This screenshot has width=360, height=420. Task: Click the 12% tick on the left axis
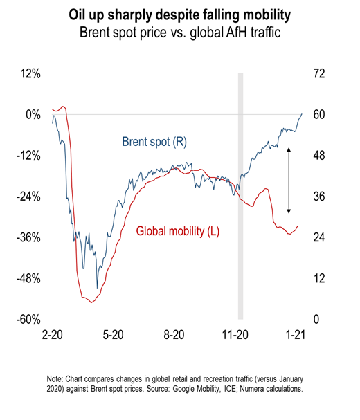(30, 73)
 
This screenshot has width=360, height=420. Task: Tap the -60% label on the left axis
(28, 319)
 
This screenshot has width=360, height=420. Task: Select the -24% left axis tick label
(28, 197)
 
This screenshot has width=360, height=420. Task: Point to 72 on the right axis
(319, 73)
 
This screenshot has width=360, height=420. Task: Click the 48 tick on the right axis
(319, 156)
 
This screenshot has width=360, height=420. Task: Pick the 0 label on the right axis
(316, 319)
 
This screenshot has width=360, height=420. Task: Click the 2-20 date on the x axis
(53, 335)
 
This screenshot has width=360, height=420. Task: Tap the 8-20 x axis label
(174, 335)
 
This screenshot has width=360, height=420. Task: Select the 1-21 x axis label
(296, 335)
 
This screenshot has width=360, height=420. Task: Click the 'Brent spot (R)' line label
(154, 142)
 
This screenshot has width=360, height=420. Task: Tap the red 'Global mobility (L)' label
(178, 231)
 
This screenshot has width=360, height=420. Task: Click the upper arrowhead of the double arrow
(289, 149)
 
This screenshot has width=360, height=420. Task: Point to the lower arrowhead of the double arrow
(289, 211)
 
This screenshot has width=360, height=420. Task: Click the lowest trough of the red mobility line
(91, 302)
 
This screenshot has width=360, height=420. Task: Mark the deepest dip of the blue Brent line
(98, 288)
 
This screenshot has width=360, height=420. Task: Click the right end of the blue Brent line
(302, 114)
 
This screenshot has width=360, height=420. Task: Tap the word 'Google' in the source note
(183, 389)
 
